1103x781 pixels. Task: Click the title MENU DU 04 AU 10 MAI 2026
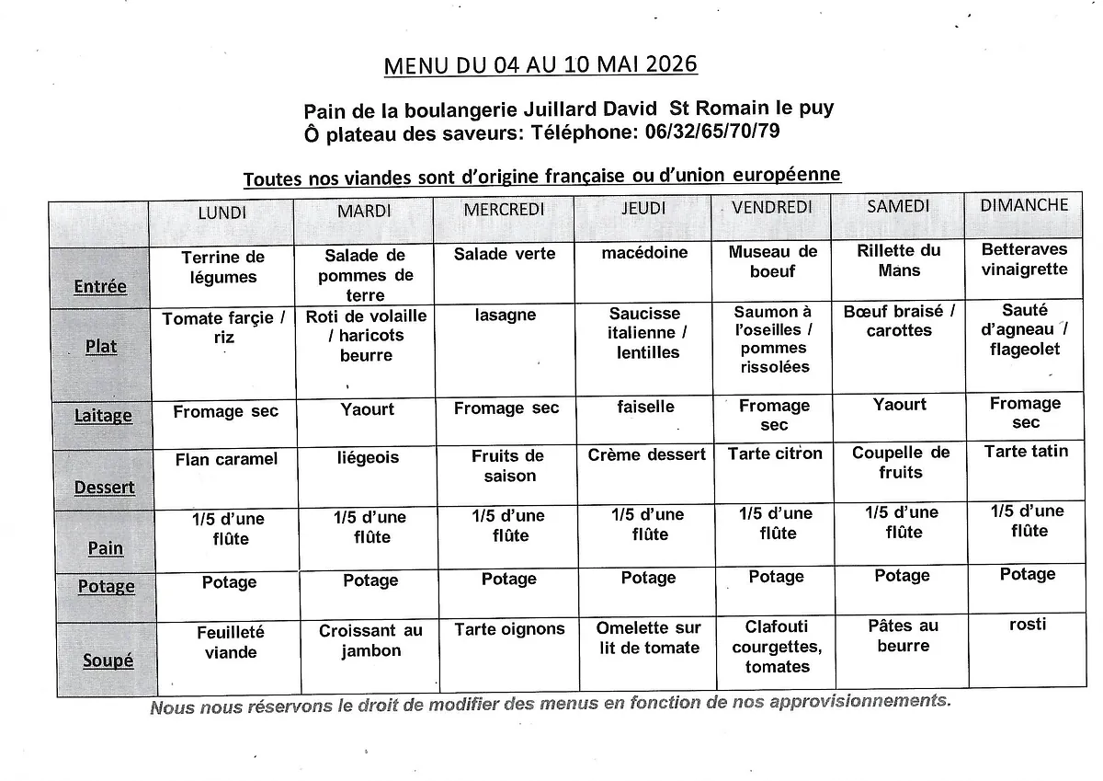[x=540, y=64]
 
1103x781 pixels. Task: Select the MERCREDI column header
[x=505, y=210]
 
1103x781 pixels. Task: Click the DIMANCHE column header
[x=1024, y=205]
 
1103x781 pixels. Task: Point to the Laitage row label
[x=103, y=415]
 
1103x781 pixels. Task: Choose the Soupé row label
[x=108, y=660]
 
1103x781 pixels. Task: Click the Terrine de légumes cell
[x=223, y=267]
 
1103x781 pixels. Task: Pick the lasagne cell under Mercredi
[x=506, y=316]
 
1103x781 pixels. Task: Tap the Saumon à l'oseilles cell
[x=774, y=339]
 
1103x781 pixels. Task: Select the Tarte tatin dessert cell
[x=1026, y=451]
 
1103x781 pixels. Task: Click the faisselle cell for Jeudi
[x=645, y=407]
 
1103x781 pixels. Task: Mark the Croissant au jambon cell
[x=370, y=640]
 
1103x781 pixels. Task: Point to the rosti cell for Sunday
[x=1027, y=625]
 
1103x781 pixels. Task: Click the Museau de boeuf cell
[x=772, y=261]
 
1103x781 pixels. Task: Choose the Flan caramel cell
[x=226, y=459]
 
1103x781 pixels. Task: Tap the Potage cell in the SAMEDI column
[x=902, y=576]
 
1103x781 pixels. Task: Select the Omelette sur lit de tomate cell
[x=648, y=637]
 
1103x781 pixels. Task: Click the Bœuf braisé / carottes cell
[x=899, y=321]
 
